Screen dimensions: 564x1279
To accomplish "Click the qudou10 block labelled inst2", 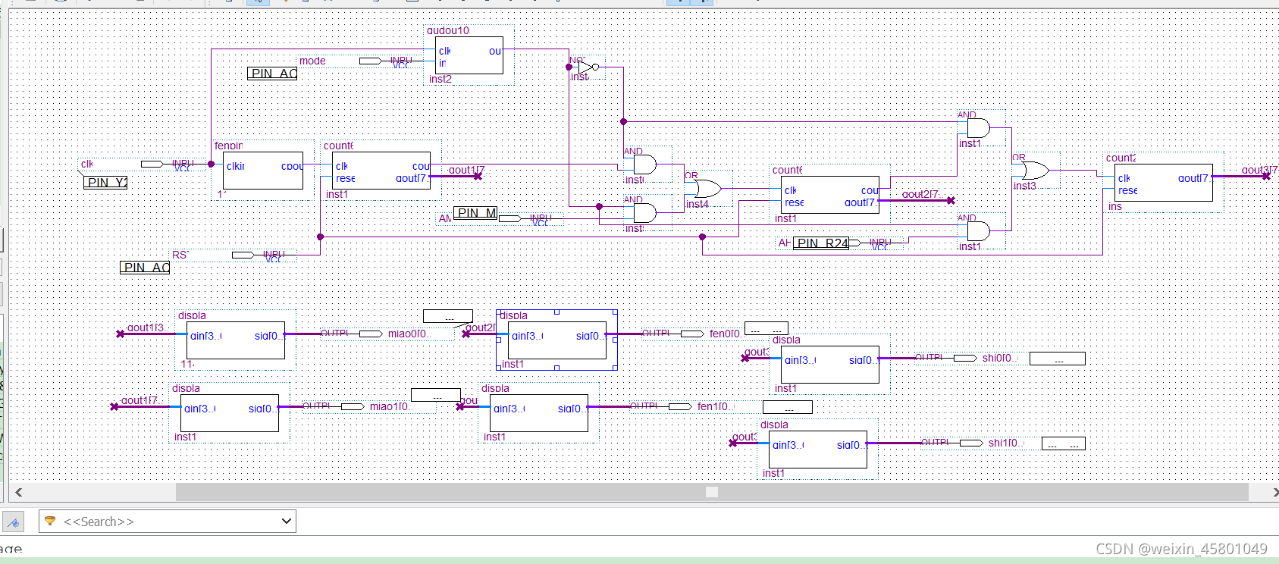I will click(x=469, y=55).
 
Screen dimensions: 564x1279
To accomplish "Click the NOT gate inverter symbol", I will click(x=588, y=67).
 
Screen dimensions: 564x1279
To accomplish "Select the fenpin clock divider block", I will click(x=263, y=171).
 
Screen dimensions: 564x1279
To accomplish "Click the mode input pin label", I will click(x=312, y=61).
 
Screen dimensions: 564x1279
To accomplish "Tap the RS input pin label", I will click(x=179, y=255).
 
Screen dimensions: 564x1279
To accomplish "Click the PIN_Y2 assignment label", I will click(x=105, y=183).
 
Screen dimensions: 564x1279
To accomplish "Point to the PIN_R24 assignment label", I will click(x=822, y=243).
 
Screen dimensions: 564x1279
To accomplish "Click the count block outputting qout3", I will click(x=1164, y=183).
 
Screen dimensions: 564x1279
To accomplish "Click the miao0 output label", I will click(x=408, y=334).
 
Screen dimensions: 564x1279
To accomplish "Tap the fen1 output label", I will click(x=713, y=406).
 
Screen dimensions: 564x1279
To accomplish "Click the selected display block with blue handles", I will click(x=557, y=340).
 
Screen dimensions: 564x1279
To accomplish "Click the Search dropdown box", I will click(x=168, y=522).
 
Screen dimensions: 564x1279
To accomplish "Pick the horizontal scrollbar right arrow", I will click(x=1274, y=492).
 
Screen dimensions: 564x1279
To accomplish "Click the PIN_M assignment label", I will click(x=476, y=213).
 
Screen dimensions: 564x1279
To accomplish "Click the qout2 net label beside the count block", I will click(x=920, y=194).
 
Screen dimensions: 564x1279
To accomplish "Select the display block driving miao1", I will click(x=231, y=413).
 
